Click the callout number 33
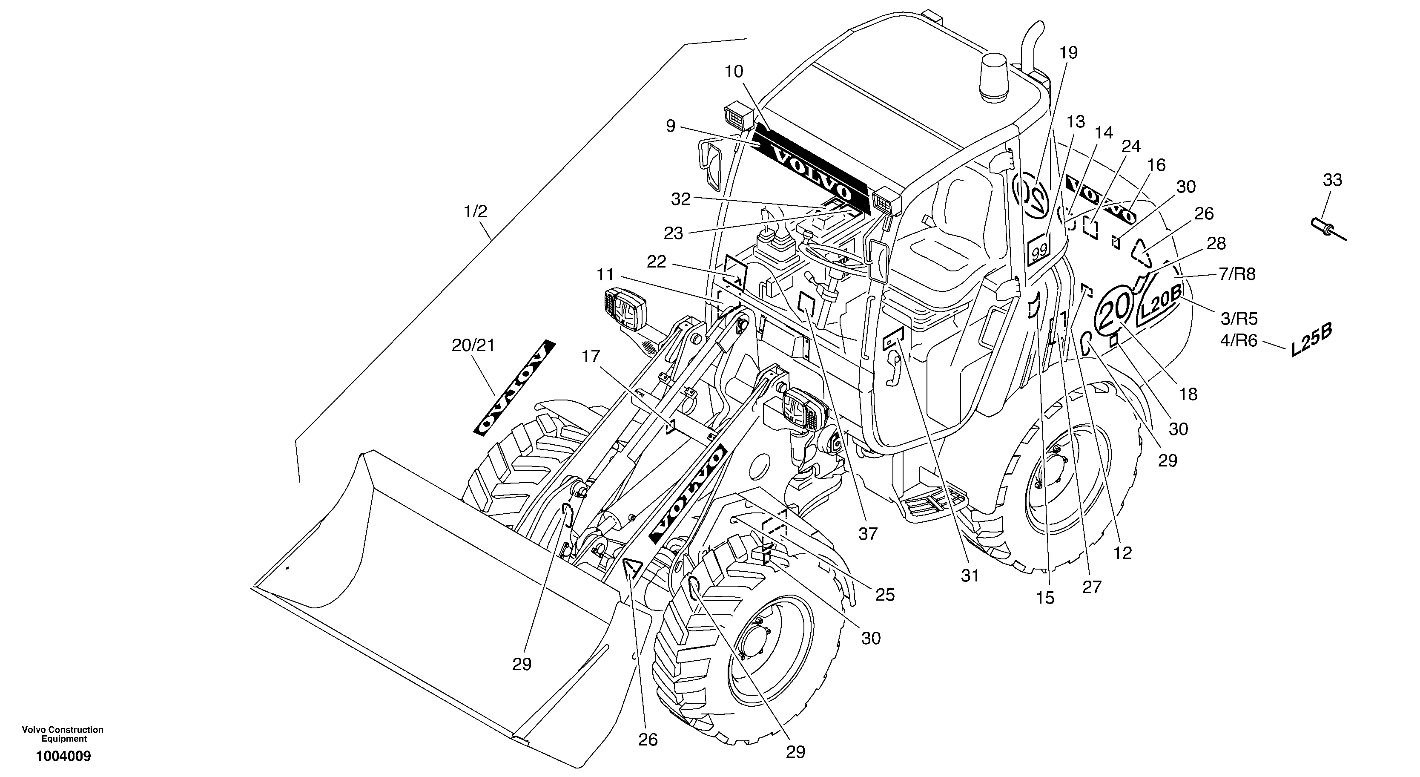pos(1332,180)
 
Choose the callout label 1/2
pos(475,211)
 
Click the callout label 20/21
pos(473,346)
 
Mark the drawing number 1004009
pos(63,756)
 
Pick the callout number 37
pos(868,533)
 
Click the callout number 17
pos(591,357)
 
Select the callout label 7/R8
pos(1237,274)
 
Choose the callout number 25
pos(885,595)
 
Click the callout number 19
pos(1068,53)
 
